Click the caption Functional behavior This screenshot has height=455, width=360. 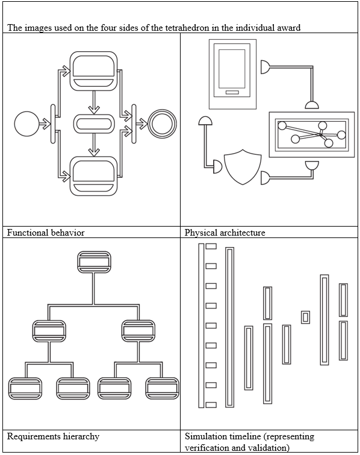pyautogui.click(x=46, y=233)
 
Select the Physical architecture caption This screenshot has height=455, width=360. pyautogui.click(x=225, y=233)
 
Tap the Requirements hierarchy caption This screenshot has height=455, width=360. pyautogui.click(x=53, y=436)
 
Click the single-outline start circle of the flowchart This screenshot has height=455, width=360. pyautogui.click(x=26, y=124)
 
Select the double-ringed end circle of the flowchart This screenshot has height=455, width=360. pyautogui.click(x=162, y=124)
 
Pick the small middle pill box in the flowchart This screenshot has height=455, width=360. pyautogui.click(x=94, y=124)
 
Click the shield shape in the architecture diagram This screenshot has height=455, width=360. pyautogui.click(x=243, y=167)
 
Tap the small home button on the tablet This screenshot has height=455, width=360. pyautogui.click(x=232, y=92)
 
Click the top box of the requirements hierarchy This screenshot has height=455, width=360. pyautogui.click(x=94, y=262)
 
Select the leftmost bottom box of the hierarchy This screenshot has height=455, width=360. pyautogui.click(x=25, y=388)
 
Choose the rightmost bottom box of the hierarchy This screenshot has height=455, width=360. pyautogui.click(x=163, y=388)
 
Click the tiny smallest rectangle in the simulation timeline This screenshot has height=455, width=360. pyautogui.click(x=305, y=317)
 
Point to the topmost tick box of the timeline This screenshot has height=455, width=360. pyautogui.click(x=211, y=246)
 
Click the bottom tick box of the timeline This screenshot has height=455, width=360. pyautogui.click(x=211, y=405)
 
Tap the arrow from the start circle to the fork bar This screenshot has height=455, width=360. pyautogui.click(x=45, y=124)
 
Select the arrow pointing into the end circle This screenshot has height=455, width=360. pyautogui.click(x=141, y=124)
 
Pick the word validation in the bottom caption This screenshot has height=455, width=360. pyautogui.click(x=270, y=448)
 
